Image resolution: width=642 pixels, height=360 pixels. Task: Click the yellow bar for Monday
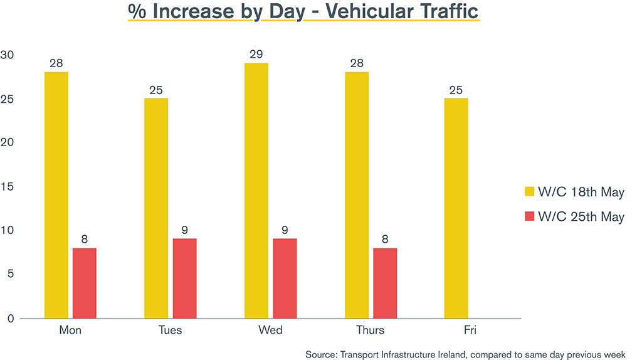tap(56, 195)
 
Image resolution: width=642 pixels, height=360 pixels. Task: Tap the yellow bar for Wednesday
tap(256, 191)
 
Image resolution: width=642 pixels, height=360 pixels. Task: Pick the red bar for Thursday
tap(385, 283)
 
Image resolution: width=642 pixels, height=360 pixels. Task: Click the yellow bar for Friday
tap(456, 208)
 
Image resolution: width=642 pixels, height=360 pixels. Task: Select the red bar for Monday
tap(85, 283)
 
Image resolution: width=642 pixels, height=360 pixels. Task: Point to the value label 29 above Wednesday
tap(256, 54)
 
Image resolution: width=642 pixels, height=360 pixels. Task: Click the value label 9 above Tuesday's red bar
tap(184, 230)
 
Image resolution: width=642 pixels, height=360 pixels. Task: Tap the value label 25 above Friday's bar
tap(456, 90)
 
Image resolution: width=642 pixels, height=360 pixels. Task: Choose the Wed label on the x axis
tap(270, 330)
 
